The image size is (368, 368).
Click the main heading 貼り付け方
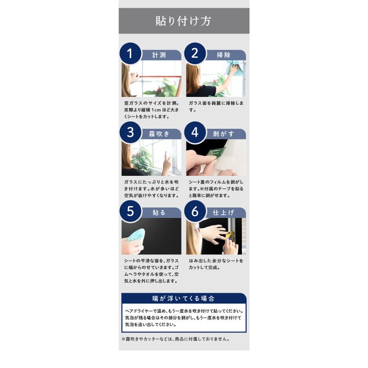tap(184, 21)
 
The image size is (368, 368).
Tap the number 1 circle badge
tap(130, 54)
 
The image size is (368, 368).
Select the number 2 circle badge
tap(195, 54)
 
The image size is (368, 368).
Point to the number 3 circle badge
tap(130, 132)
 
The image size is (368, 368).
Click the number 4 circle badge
tap(195, 132)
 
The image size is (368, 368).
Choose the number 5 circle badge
tap(130, 211)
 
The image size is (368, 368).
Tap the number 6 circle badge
tap(195, 211)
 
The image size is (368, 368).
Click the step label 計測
tap(159, 55)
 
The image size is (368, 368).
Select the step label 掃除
tap(224, 55)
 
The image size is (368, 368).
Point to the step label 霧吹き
tap(159, 134)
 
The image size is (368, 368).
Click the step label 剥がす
tap(224, 134)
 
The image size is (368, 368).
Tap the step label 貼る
tap(159, 213)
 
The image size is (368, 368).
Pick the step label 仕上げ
tap(224, 213)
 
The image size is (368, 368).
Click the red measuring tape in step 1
tap(161, 77)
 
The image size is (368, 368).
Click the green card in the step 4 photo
tap(216, 152)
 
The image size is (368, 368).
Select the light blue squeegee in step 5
tap(135, 235)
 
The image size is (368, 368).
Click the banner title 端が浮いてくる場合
tap(184, 298)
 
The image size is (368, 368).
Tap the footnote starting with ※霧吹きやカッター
tap(176, 339)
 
